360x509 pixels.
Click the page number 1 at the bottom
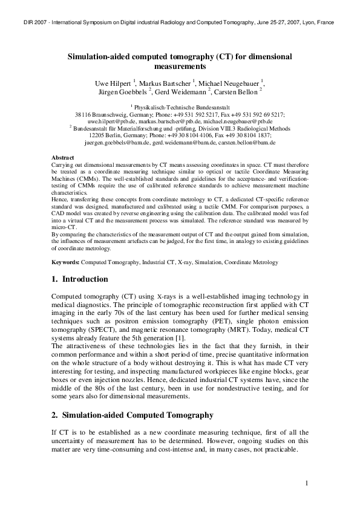coord(307,483)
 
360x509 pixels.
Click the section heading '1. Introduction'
coord(80,279)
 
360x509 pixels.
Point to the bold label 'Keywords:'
coord(66,262)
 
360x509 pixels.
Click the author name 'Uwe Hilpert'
coord(113,82)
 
